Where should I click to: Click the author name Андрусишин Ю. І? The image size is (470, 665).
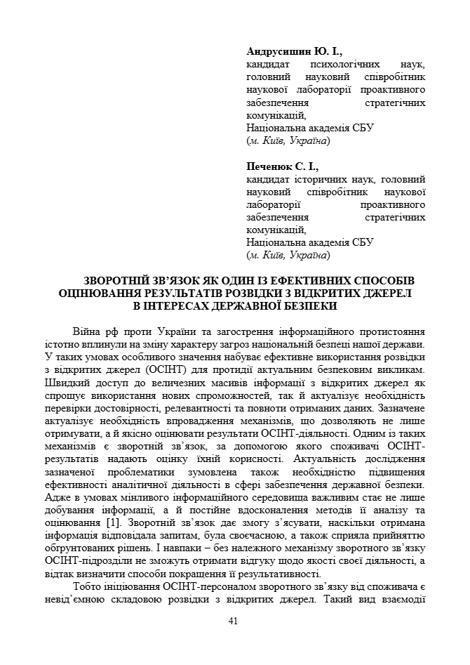click(294, 52)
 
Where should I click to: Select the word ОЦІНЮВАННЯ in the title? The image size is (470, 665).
click(100, 294)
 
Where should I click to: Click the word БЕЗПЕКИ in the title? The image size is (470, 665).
click(311, 306)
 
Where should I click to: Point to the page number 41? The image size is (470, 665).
click(234, 621)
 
